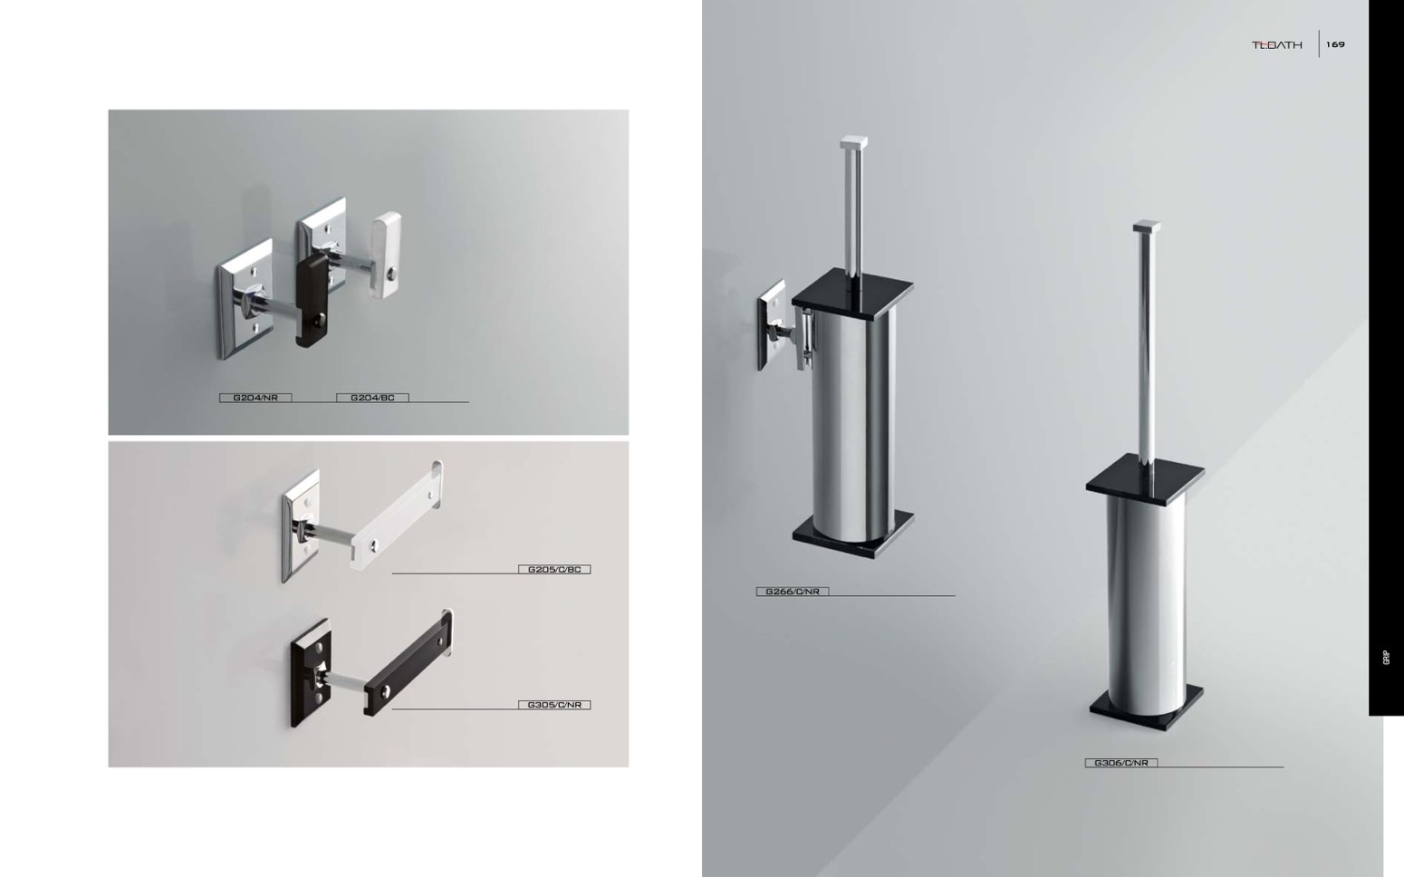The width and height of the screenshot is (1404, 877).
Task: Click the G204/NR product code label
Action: (255, 398)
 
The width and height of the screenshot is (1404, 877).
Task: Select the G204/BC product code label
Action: (372, 398)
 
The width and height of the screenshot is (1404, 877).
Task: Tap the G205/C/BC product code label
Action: (554, 569)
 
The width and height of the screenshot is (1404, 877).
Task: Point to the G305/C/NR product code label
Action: (554, 705)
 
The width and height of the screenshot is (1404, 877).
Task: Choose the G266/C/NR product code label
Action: (793, 591)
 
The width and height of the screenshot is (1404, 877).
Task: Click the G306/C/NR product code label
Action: (1121, 763)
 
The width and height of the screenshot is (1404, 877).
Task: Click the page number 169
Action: (1335, 44)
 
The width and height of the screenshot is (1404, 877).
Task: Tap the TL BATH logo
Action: (1277, 45)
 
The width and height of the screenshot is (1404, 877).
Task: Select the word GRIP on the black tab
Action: (1387, 658)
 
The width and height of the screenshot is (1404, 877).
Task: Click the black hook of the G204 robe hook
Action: (312, 300)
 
